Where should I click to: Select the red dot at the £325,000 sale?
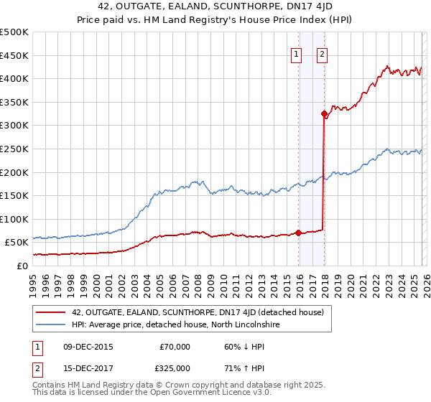tap(324, 113)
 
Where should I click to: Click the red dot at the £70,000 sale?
tap(298, 233)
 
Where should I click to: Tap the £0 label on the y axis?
tap(22, 266)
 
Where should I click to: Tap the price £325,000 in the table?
tap(175, 368)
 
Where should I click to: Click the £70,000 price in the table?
tap(175, 347)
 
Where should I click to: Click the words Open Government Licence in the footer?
tap(208, 393)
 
